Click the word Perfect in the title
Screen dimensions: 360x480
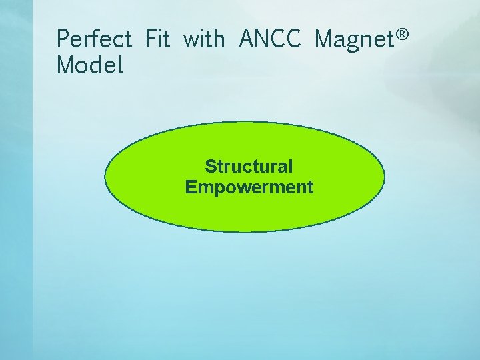point(95,39)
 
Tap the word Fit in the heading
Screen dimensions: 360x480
point(157,39)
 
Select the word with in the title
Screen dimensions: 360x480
point(204,39)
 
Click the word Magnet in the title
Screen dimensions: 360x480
point(353,39)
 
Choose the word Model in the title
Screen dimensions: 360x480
point(90,65)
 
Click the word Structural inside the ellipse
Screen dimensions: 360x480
point(249,166)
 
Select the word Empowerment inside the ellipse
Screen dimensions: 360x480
point(249,187)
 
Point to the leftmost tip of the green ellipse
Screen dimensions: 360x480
point(105,177)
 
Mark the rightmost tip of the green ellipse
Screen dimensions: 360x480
point(385,177)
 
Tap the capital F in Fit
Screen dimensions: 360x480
point(149,39)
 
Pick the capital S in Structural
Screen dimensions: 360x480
point(211,166)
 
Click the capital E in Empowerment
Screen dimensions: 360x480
point(191,187)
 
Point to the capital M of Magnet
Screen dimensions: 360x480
point(325,39)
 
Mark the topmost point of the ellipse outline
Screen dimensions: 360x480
point(245,122)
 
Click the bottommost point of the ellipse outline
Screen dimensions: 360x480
point(245,232)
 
